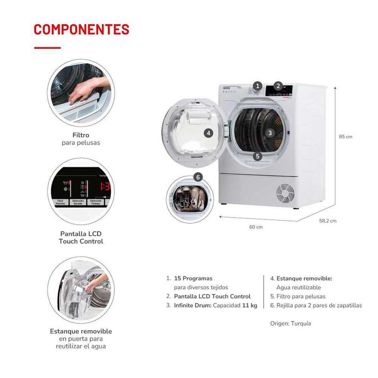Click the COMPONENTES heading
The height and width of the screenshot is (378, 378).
pos(81,29)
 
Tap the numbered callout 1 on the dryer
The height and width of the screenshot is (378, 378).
pos(258,86)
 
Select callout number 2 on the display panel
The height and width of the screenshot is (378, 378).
pos(278,86)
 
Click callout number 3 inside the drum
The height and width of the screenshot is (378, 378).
pos(270,133)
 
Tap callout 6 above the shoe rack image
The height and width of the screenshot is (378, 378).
pos(198,177)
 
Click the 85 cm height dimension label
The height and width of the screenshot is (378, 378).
pos(346,137)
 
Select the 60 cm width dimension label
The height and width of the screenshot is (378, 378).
pos(256,227)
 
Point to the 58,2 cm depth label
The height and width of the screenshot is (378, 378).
pos(328,221)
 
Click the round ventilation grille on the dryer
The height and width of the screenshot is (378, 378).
pos(285,193)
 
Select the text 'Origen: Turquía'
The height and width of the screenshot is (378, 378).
pos(290,324)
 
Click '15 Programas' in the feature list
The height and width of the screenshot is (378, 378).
pos(193,278)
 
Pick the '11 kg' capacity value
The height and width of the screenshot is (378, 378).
pos(250,305)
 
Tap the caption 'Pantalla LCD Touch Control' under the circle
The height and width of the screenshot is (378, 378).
pos(81,238)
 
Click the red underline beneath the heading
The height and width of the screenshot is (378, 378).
pos(47,48)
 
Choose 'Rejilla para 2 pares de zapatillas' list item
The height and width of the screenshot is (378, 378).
pos(319,305)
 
